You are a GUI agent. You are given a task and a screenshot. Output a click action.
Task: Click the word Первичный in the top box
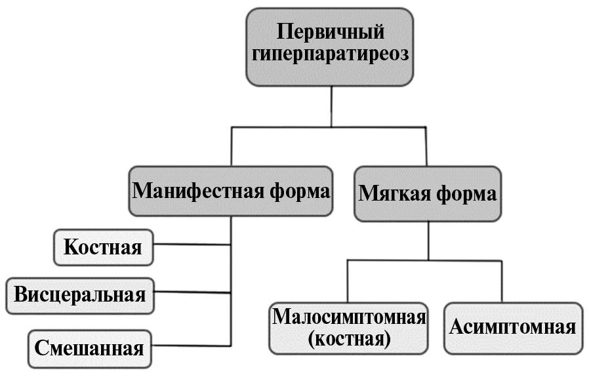click(330, 31)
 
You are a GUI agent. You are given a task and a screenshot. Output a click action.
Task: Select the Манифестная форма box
click(232, 191)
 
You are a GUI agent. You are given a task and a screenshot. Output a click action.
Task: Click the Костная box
click(103, 247)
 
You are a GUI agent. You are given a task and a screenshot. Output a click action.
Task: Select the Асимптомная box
click(513, 327)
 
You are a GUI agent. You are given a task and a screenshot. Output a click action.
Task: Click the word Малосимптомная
click(349, 317)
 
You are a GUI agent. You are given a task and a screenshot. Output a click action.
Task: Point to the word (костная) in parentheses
click(349, 340)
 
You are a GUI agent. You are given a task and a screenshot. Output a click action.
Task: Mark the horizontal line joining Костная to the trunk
click(192, 245)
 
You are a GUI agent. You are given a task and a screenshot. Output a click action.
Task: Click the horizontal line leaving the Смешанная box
click(190, 345)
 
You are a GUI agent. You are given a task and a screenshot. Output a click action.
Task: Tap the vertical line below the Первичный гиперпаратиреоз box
click(331, 106)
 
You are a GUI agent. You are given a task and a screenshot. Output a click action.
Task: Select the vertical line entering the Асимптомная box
click(502, 282)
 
